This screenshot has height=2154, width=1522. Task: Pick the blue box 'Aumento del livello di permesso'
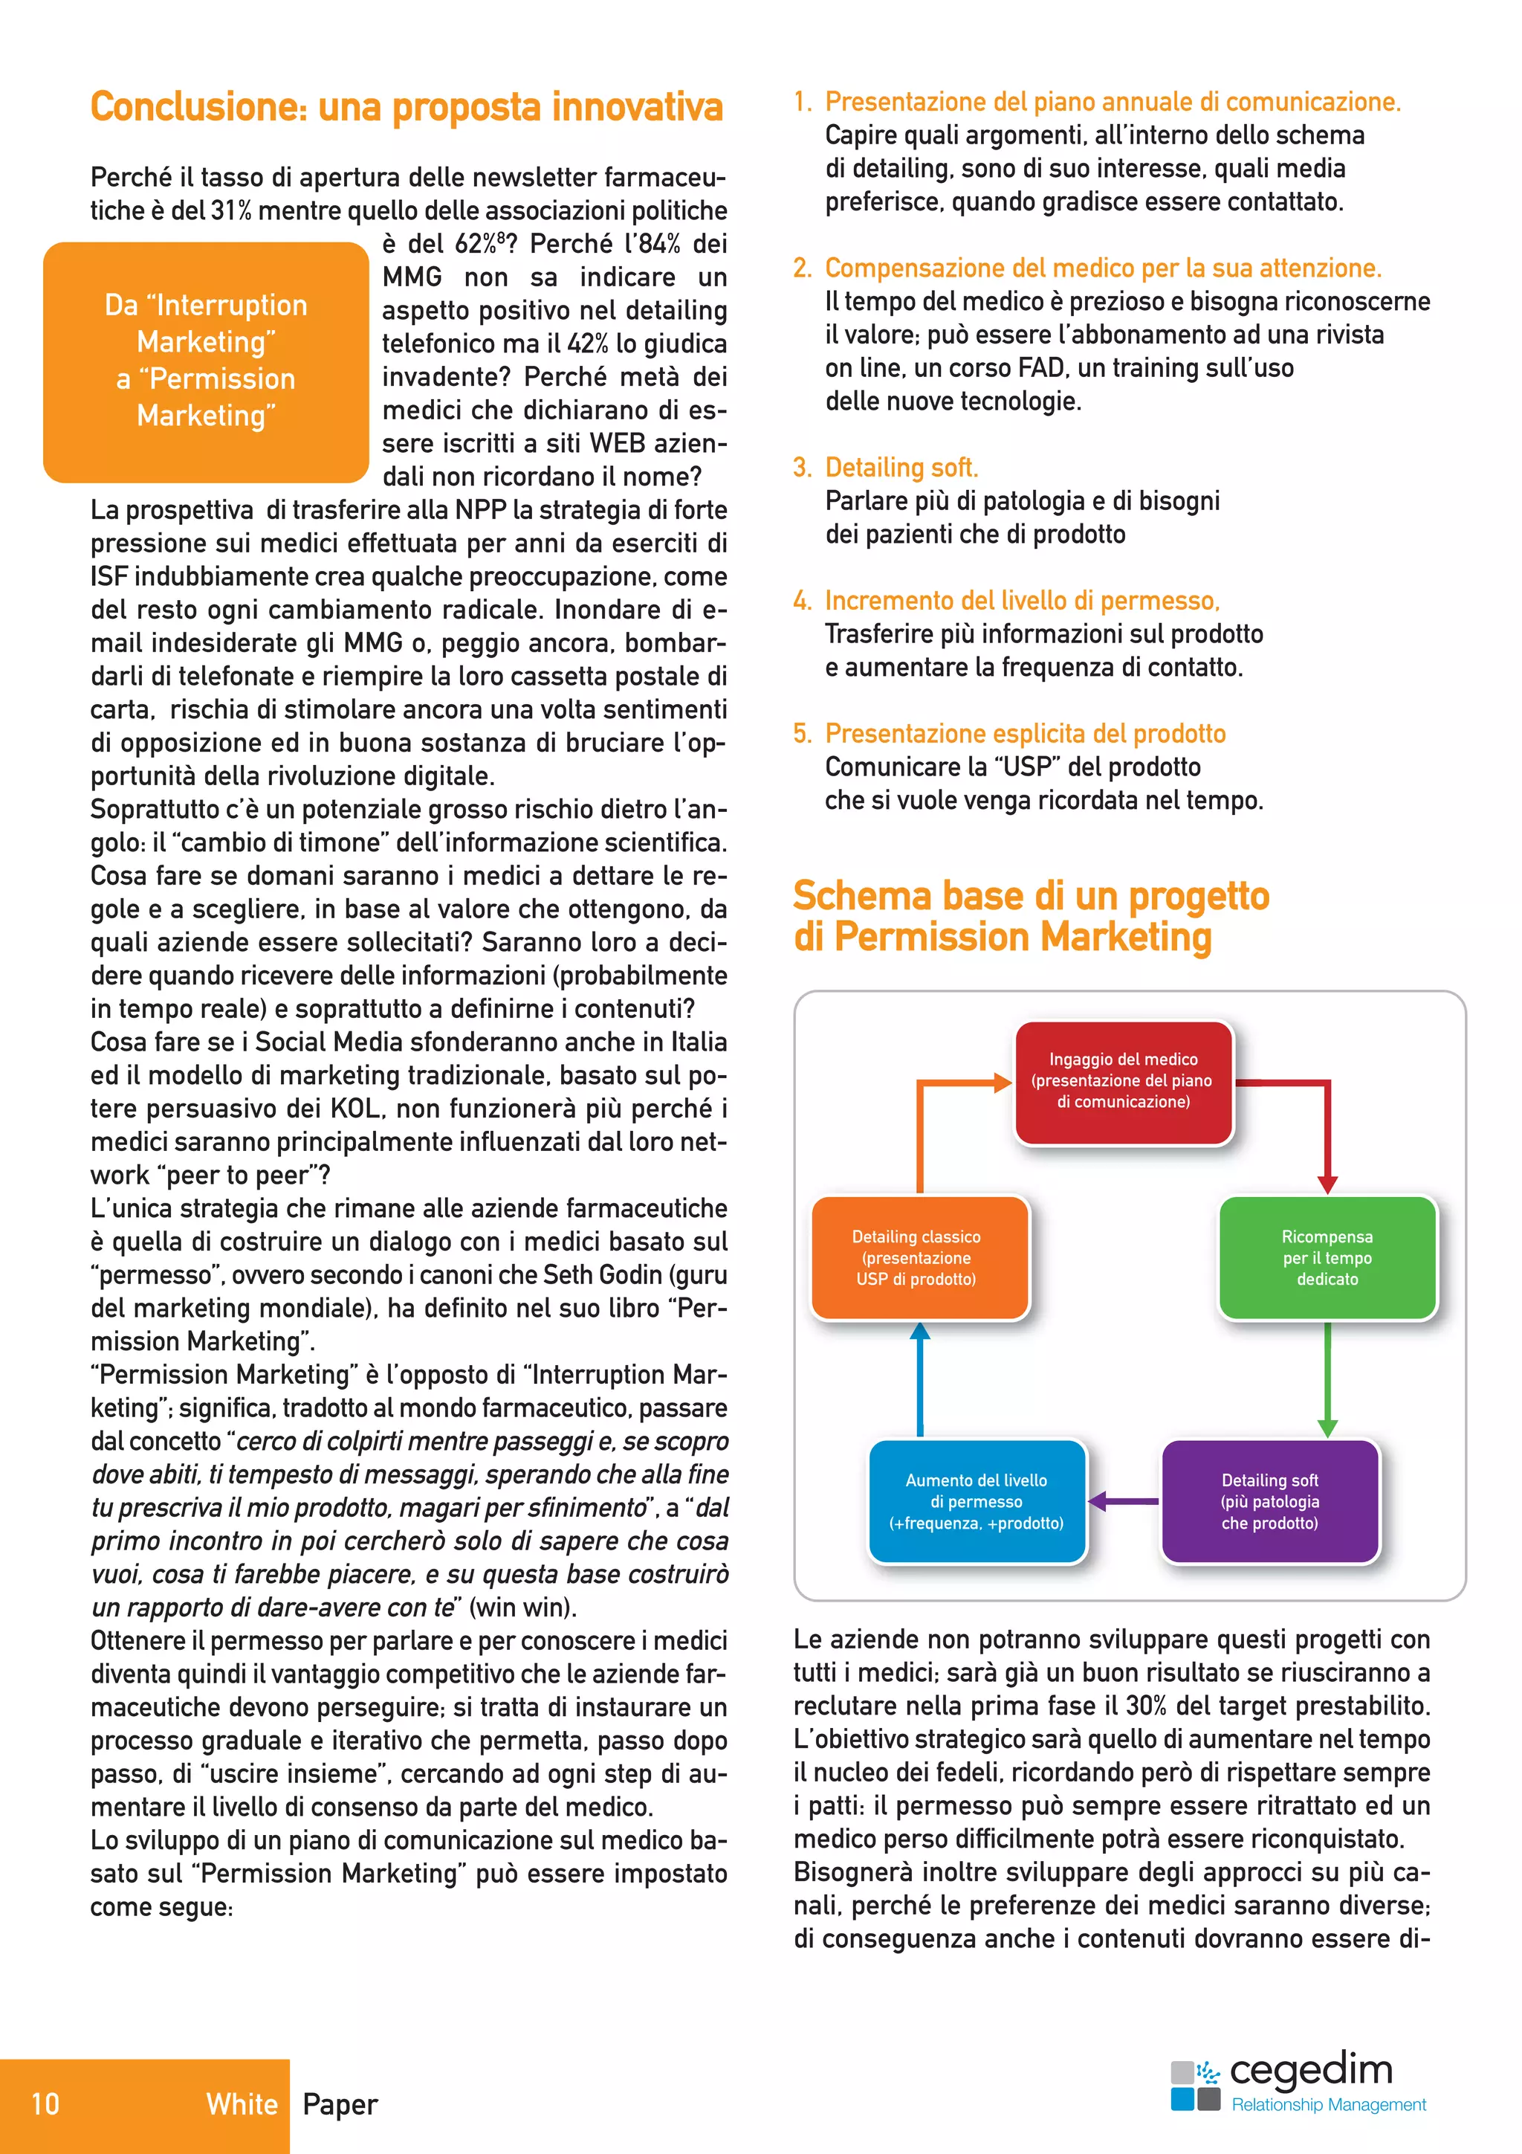(x=977, y=1501)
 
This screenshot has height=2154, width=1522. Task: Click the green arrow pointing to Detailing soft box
(x=1327, y=1379)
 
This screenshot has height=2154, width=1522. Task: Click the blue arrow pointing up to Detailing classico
(x=920, y=1379)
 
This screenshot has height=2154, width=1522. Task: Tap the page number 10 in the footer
(x=45, y=2103)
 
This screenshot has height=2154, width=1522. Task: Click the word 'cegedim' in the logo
(x=1310, y=2068)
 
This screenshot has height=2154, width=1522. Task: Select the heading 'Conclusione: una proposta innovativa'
(x=406, y=107)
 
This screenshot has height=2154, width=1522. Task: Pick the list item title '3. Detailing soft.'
(x=886, y=467)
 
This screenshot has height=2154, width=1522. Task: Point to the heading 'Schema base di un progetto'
(x=1030, y=896)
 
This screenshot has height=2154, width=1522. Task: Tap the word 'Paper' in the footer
(x=340, y=2104)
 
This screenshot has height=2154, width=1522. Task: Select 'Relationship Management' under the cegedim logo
(x=1328, y=2104)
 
